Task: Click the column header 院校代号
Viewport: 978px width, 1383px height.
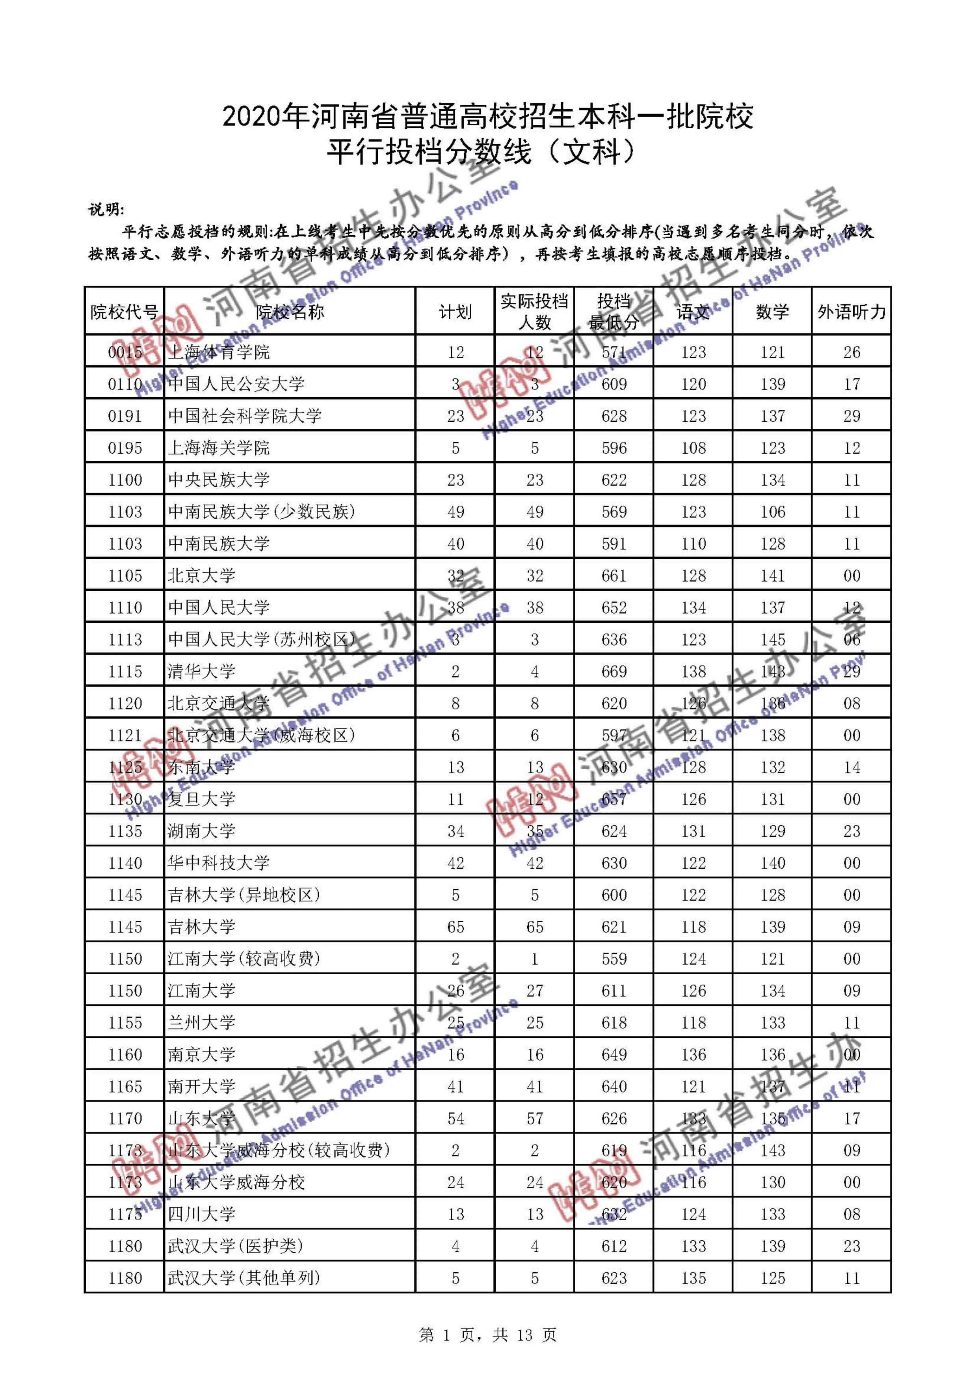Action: (x=124, y=311)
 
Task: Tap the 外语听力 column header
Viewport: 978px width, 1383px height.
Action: (x=851, y=311)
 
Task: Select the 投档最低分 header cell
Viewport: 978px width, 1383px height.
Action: (x=614, y=311)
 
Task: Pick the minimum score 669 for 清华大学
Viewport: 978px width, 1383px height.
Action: (x=614, y=671)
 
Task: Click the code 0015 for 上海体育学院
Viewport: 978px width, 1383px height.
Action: (x=125, y=352)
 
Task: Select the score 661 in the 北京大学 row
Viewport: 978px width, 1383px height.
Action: (x=614, y=575)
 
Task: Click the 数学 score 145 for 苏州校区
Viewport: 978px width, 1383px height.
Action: (x=773, y=639)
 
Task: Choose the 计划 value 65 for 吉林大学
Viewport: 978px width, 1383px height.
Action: (x=455, y=927)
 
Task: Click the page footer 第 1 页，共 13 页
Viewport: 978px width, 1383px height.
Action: (x=488, y=1335)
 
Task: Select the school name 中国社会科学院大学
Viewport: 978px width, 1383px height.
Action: (x=244, y=416)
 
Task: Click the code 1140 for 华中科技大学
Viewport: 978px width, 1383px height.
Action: (x=125, y=863)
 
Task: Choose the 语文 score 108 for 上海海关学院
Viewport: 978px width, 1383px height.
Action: (x=693, y=448)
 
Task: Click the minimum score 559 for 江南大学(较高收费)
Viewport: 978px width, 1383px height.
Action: (x=614, y=959)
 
